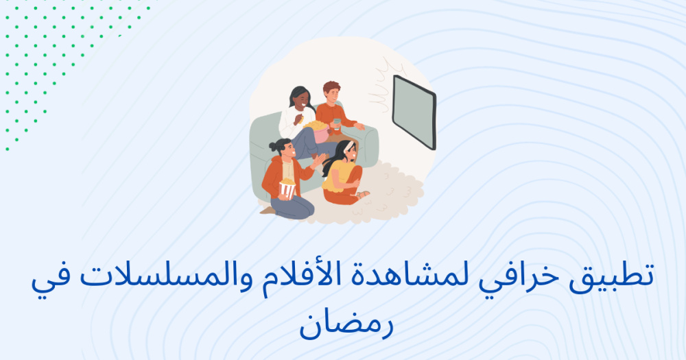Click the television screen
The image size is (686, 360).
click(414, 112)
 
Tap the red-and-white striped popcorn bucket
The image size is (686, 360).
click(287, 189)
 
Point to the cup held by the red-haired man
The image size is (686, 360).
click(336, 124)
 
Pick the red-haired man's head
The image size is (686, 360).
click(331, 92)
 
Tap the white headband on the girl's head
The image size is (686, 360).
click(348, 145)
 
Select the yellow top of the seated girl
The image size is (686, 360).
click(339, 174)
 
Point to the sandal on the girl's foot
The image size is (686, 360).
click(363, 194)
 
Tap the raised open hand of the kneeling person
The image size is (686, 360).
click(318, 160)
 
